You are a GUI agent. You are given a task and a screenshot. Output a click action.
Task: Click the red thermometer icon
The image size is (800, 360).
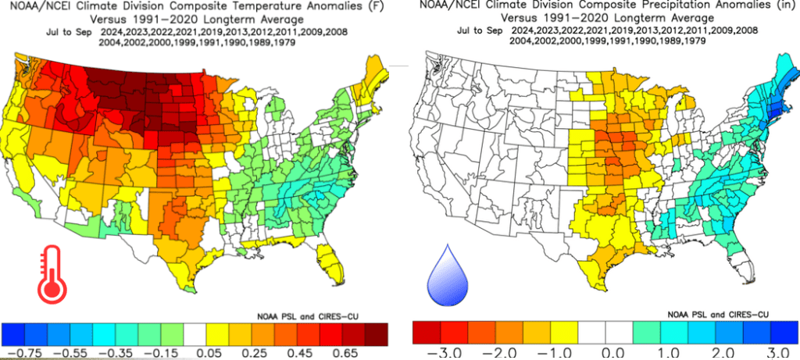(x=52, y=273)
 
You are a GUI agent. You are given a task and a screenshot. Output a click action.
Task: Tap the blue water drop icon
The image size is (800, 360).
(x=447, y=276)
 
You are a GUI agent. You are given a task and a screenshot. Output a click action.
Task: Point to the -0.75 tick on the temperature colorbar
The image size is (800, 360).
(x=25, y=352)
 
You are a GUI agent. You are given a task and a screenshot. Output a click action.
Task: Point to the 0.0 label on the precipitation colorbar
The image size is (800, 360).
(x=605, y=352)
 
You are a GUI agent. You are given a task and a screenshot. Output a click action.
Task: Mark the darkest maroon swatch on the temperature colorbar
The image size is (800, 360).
(x=377, y=334)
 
